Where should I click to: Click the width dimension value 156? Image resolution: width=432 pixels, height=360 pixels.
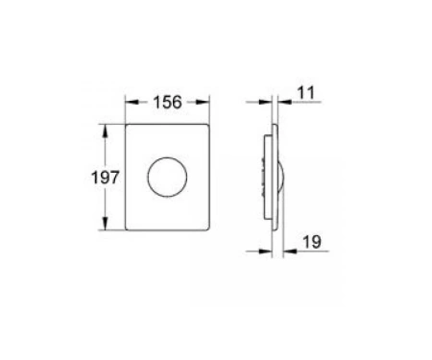tap(167, 103)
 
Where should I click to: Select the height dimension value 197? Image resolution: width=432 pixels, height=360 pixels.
tap(106, 178)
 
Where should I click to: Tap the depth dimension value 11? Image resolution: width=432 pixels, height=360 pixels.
tap(306, 93)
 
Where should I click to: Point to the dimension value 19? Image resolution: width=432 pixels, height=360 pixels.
tap(312, 242)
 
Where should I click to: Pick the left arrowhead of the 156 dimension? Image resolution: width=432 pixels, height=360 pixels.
tap(132, 102)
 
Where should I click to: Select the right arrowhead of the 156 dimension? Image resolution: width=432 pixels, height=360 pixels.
tap(203, 102)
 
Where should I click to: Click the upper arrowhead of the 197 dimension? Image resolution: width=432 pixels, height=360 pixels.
tap(105, 131)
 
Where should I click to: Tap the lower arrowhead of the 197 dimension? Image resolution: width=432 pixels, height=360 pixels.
tap(105, 223)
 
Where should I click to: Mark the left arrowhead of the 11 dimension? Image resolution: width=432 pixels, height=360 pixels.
tap(266, 102)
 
